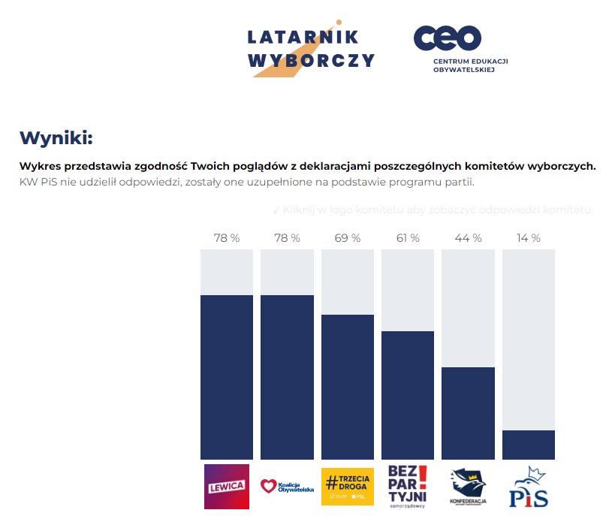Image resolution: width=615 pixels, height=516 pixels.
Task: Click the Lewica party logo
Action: coord(226,486)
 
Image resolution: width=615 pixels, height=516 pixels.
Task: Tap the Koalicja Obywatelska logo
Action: coord(287,486)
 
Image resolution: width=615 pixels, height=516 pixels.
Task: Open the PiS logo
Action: coord(529,487)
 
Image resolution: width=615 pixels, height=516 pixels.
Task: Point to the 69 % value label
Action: coord(347,238)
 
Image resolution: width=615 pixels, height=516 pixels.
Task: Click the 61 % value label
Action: coord(407,238)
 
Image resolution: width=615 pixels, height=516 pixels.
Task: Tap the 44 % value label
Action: coord(468,238)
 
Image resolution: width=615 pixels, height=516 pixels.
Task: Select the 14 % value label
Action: coord(528,238)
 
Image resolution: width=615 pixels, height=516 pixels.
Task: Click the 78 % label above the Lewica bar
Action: coord(226,238)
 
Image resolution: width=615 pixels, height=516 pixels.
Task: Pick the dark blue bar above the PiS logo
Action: coord(528,445)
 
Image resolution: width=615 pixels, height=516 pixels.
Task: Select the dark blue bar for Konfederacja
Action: coord(468,413)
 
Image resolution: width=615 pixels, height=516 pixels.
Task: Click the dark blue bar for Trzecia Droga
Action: coord(347,387)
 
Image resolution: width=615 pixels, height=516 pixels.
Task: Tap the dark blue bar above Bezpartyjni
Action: coord(407,395)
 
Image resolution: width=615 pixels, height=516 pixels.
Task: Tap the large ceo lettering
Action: coord(448,38)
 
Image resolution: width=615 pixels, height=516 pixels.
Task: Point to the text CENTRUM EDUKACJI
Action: coord(471,61)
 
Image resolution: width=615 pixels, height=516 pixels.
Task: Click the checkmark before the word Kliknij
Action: coord(276,210)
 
